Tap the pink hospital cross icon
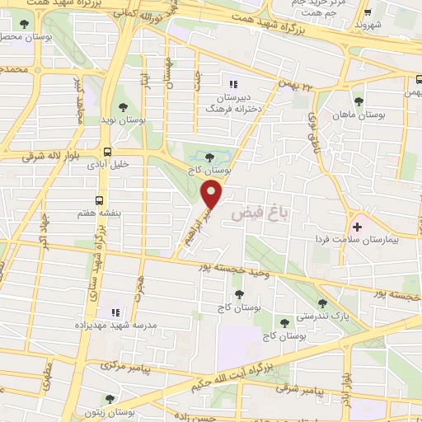[x=357, y=227]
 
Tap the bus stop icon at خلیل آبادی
[x=107, y=152]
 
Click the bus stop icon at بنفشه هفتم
[x=100, y=200]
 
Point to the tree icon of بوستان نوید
[x=123, y=107]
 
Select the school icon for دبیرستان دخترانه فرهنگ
[x=232, y=83]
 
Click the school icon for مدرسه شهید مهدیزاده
[x=115, y=312]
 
